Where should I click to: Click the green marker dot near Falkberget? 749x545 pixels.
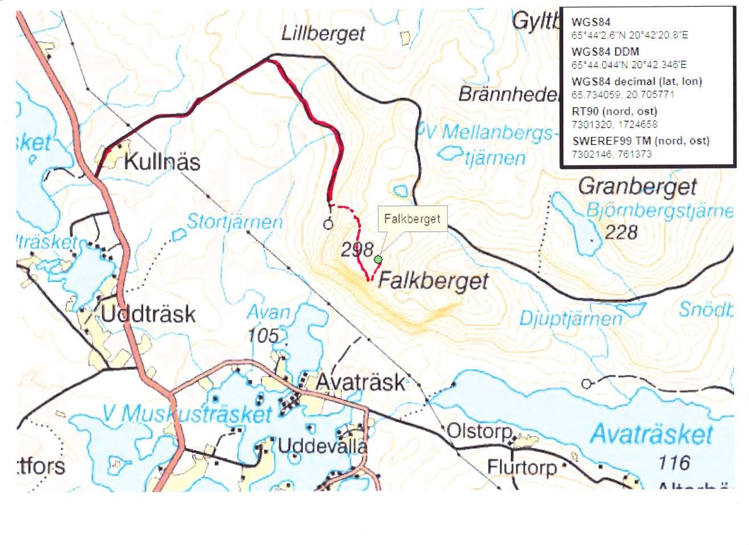[x=377, y=260]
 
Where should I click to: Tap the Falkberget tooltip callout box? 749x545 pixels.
[x=412, y=219]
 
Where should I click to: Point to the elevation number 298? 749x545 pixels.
[x=357, y=249]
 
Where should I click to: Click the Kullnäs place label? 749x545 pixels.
[x=162, y=162]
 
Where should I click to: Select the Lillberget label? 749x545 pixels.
[x=323, y=34]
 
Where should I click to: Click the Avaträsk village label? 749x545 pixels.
[x=360, y=382]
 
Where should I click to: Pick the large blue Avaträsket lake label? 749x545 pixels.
[x=651, y=435]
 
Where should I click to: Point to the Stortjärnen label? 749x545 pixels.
[x=234, y=222]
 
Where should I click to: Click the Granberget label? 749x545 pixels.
[x=637, y=186]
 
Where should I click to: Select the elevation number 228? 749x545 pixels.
[x=621, y=232]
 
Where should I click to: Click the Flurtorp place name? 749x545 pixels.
[x=521, y=468]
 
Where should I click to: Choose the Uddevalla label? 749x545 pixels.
[x=322, y=446]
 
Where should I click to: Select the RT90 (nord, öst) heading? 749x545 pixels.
[x=614, y=111]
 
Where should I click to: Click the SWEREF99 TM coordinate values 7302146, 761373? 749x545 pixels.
[x=611, y=154]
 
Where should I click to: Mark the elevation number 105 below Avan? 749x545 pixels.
[x=263, y=335]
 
